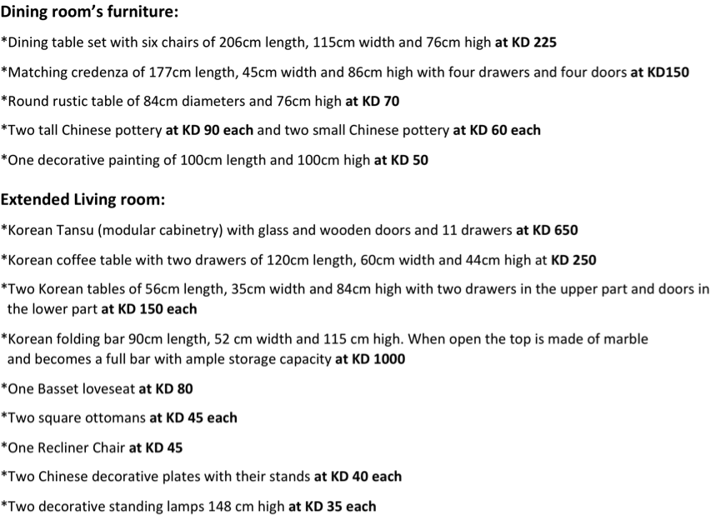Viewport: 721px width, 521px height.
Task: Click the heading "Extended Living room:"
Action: point(83,200)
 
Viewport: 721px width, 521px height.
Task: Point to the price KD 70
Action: point(381,101)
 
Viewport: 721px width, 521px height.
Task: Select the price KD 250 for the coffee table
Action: point(574,260)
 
